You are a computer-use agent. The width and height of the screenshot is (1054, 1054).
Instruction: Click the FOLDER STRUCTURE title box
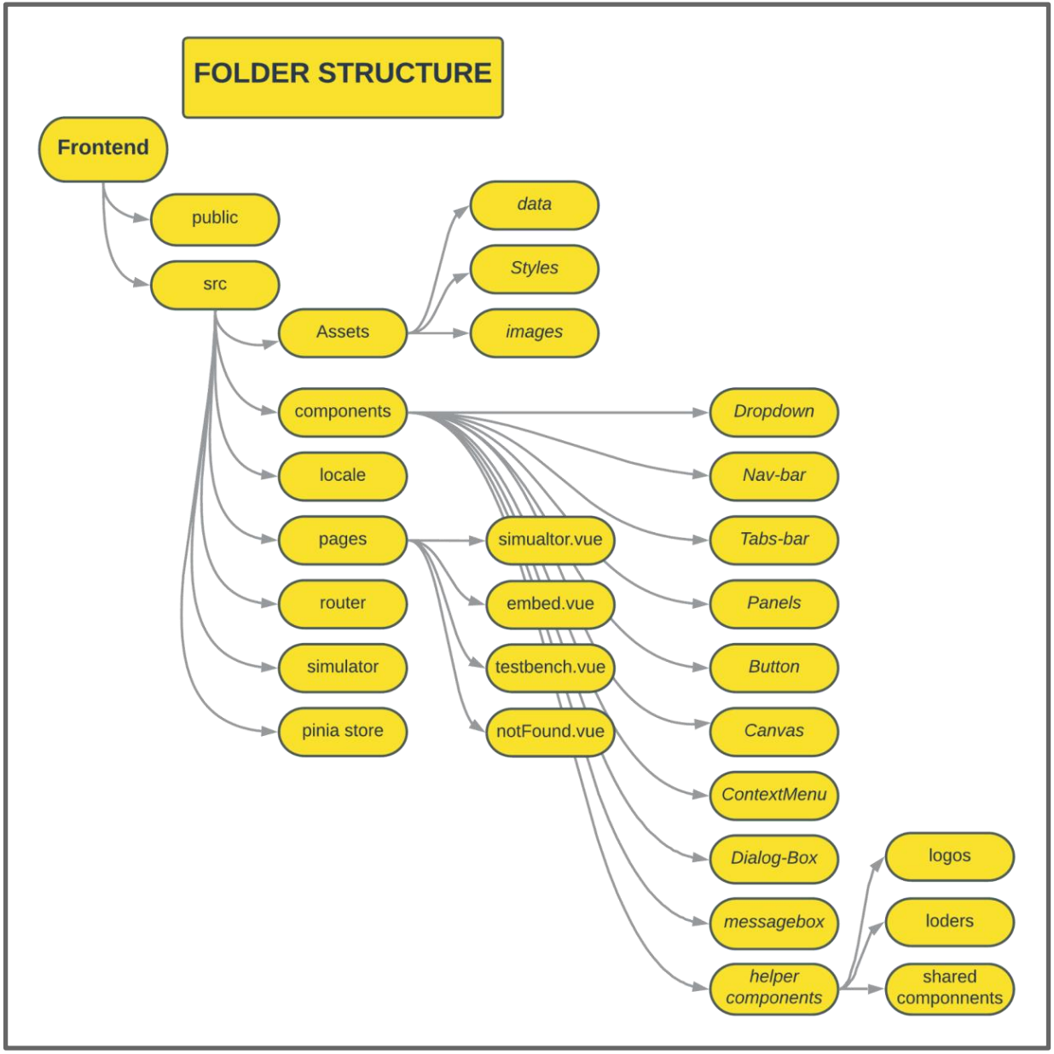click(342, 77)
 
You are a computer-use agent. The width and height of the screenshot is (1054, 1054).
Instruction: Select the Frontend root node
click(103, 148)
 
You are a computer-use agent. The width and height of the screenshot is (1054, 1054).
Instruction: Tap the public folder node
click(215, 218)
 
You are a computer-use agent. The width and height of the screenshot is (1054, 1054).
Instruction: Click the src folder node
click(215, 285)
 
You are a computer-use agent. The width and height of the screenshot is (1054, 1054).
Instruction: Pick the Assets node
click(343, 333)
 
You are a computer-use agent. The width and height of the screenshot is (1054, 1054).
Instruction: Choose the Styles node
click(535, 269)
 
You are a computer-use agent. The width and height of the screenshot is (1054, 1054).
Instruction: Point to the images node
click(535, 333)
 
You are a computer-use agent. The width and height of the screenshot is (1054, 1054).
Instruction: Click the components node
click(343, 412)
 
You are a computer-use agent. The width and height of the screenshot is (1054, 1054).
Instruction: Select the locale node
click(343, 476)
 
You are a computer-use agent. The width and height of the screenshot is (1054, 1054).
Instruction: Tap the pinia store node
click(343, 731)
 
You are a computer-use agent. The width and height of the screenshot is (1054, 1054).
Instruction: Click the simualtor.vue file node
click(550, 540)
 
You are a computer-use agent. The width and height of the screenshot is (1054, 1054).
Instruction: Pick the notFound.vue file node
click(550, 732)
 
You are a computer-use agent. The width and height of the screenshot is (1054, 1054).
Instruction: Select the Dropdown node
click(774, 412)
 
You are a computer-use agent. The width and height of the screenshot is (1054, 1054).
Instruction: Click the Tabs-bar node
click(774, 540)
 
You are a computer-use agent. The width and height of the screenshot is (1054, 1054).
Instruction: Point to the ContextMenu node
click(774, 795)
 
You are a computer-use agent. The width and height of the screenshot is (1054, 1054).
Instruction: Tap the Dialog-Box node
click(774, 859)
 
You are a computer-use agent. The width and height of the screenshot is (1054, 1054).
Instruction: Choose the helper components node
click(774, 987)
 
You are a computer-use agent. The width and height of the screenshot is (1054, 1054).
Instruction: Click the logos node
click(950, 856)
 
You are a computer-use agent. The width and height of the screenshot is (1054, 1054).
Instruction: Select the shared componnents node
click(950, 987)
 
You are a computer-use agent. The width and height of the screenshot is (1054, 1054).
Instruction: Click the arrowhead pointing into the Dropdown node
click(700, 413)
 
